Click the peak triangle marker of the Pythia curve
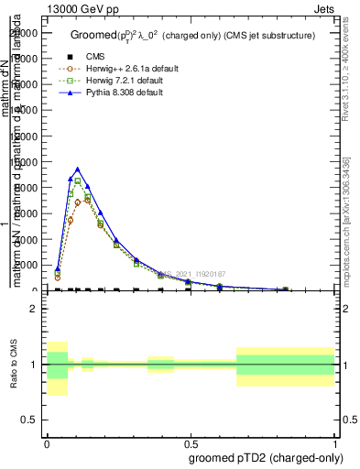coord(78,169)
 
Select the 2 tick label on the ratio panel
coord(34,309)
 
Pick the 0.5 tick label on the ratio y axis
coord(28,420)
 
